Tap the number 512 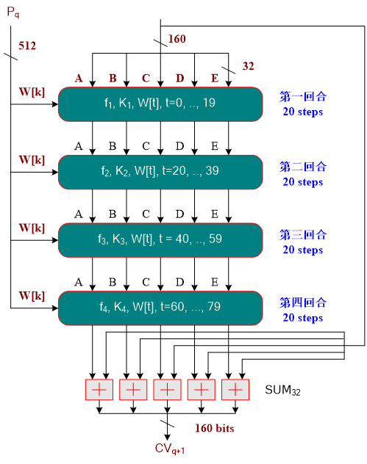(28, 46)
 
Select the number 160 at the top (177, 39)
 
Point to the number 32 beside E (249, 67)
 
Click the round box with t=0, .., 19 (160, 104)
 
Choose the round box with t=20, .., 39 (160, 171)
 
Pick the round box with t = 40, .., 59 (160, 239)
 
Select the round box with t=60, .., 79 (160, 307)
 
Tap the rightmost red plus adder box (235, 389)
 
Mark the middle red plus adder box (167, 389)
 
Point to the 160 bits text (215, 428)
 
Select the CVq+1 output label (168, 449)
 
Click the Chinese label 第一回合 (303, 96)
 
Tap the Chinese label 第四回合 (303, 302)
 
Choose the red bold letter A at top (78, 79)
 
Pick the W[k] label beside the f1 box (32, 92)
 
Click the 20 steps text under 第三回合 (303, 250)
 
